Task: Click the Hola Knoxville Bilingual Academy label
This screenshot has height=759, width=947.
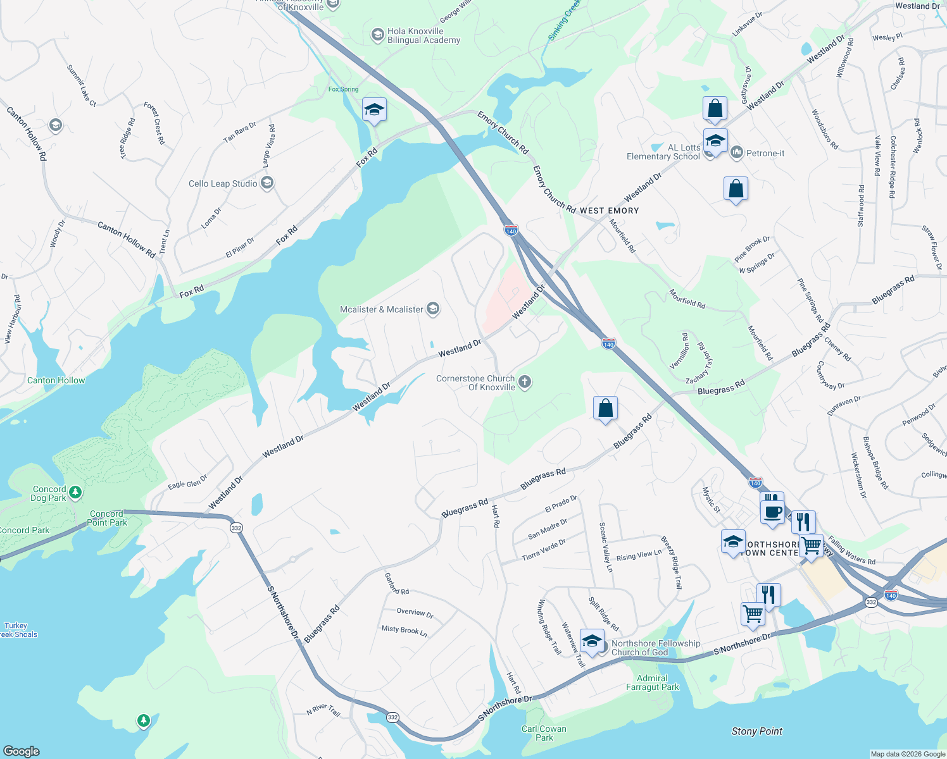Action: (423, 35)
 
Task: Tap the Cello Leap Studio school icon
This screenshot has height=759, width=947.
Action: (267, 183)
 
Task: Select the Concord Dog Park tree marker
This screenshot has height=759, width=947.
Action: (75, 492)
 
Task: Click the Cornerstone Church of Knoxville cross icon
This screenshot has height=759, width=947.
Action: (524, 381)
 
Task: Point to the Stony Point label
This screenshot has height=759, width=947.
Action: (756, 731)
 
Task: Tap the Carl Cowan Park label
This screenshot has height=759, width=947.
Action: (544, 733)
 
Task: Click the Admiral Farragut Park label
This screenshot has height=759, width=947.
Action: (652, 682)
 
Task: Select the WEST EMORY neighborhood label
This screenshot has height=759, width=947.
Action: (609, 211)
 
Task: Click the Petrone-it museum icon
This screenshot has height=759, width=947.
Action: (736, 152)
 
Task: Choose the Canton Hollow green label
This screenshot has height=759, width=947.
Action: (56, 380)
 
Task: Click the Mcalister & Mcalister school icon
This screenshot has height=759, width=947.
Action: (433, 309)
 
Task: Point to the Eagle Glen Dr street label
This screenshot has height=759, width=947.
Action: (187, 483)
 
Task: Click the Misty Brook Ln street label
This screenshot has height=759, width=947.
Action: (404, 630)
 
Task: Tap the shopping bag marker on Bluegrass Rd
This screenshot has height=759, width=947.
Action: (605, 408)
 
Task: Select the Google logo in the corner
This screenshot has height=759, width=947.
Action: (21, 751)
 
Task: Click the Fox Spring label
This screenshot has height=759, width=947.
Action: (343, 89)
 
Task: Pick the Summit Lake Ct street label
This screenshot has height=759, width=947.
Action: (82, 85)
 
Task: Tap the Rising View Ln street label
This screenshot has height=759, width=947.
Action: (639, 555)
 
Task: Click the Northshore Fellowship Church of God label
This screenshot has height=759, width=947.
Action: (656, 648)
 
